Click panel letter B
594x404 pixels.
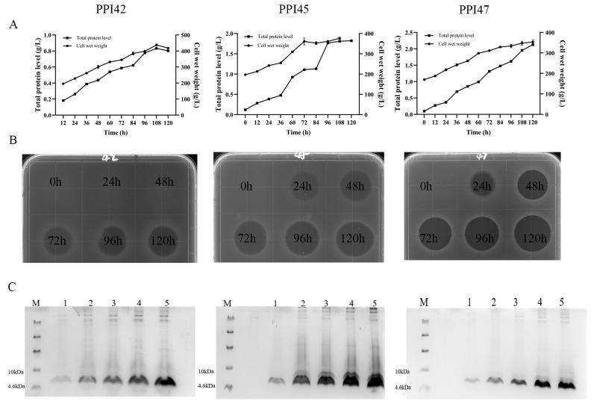point(12,140)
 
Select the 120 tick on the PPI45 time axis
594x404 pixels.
point(351,122)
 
